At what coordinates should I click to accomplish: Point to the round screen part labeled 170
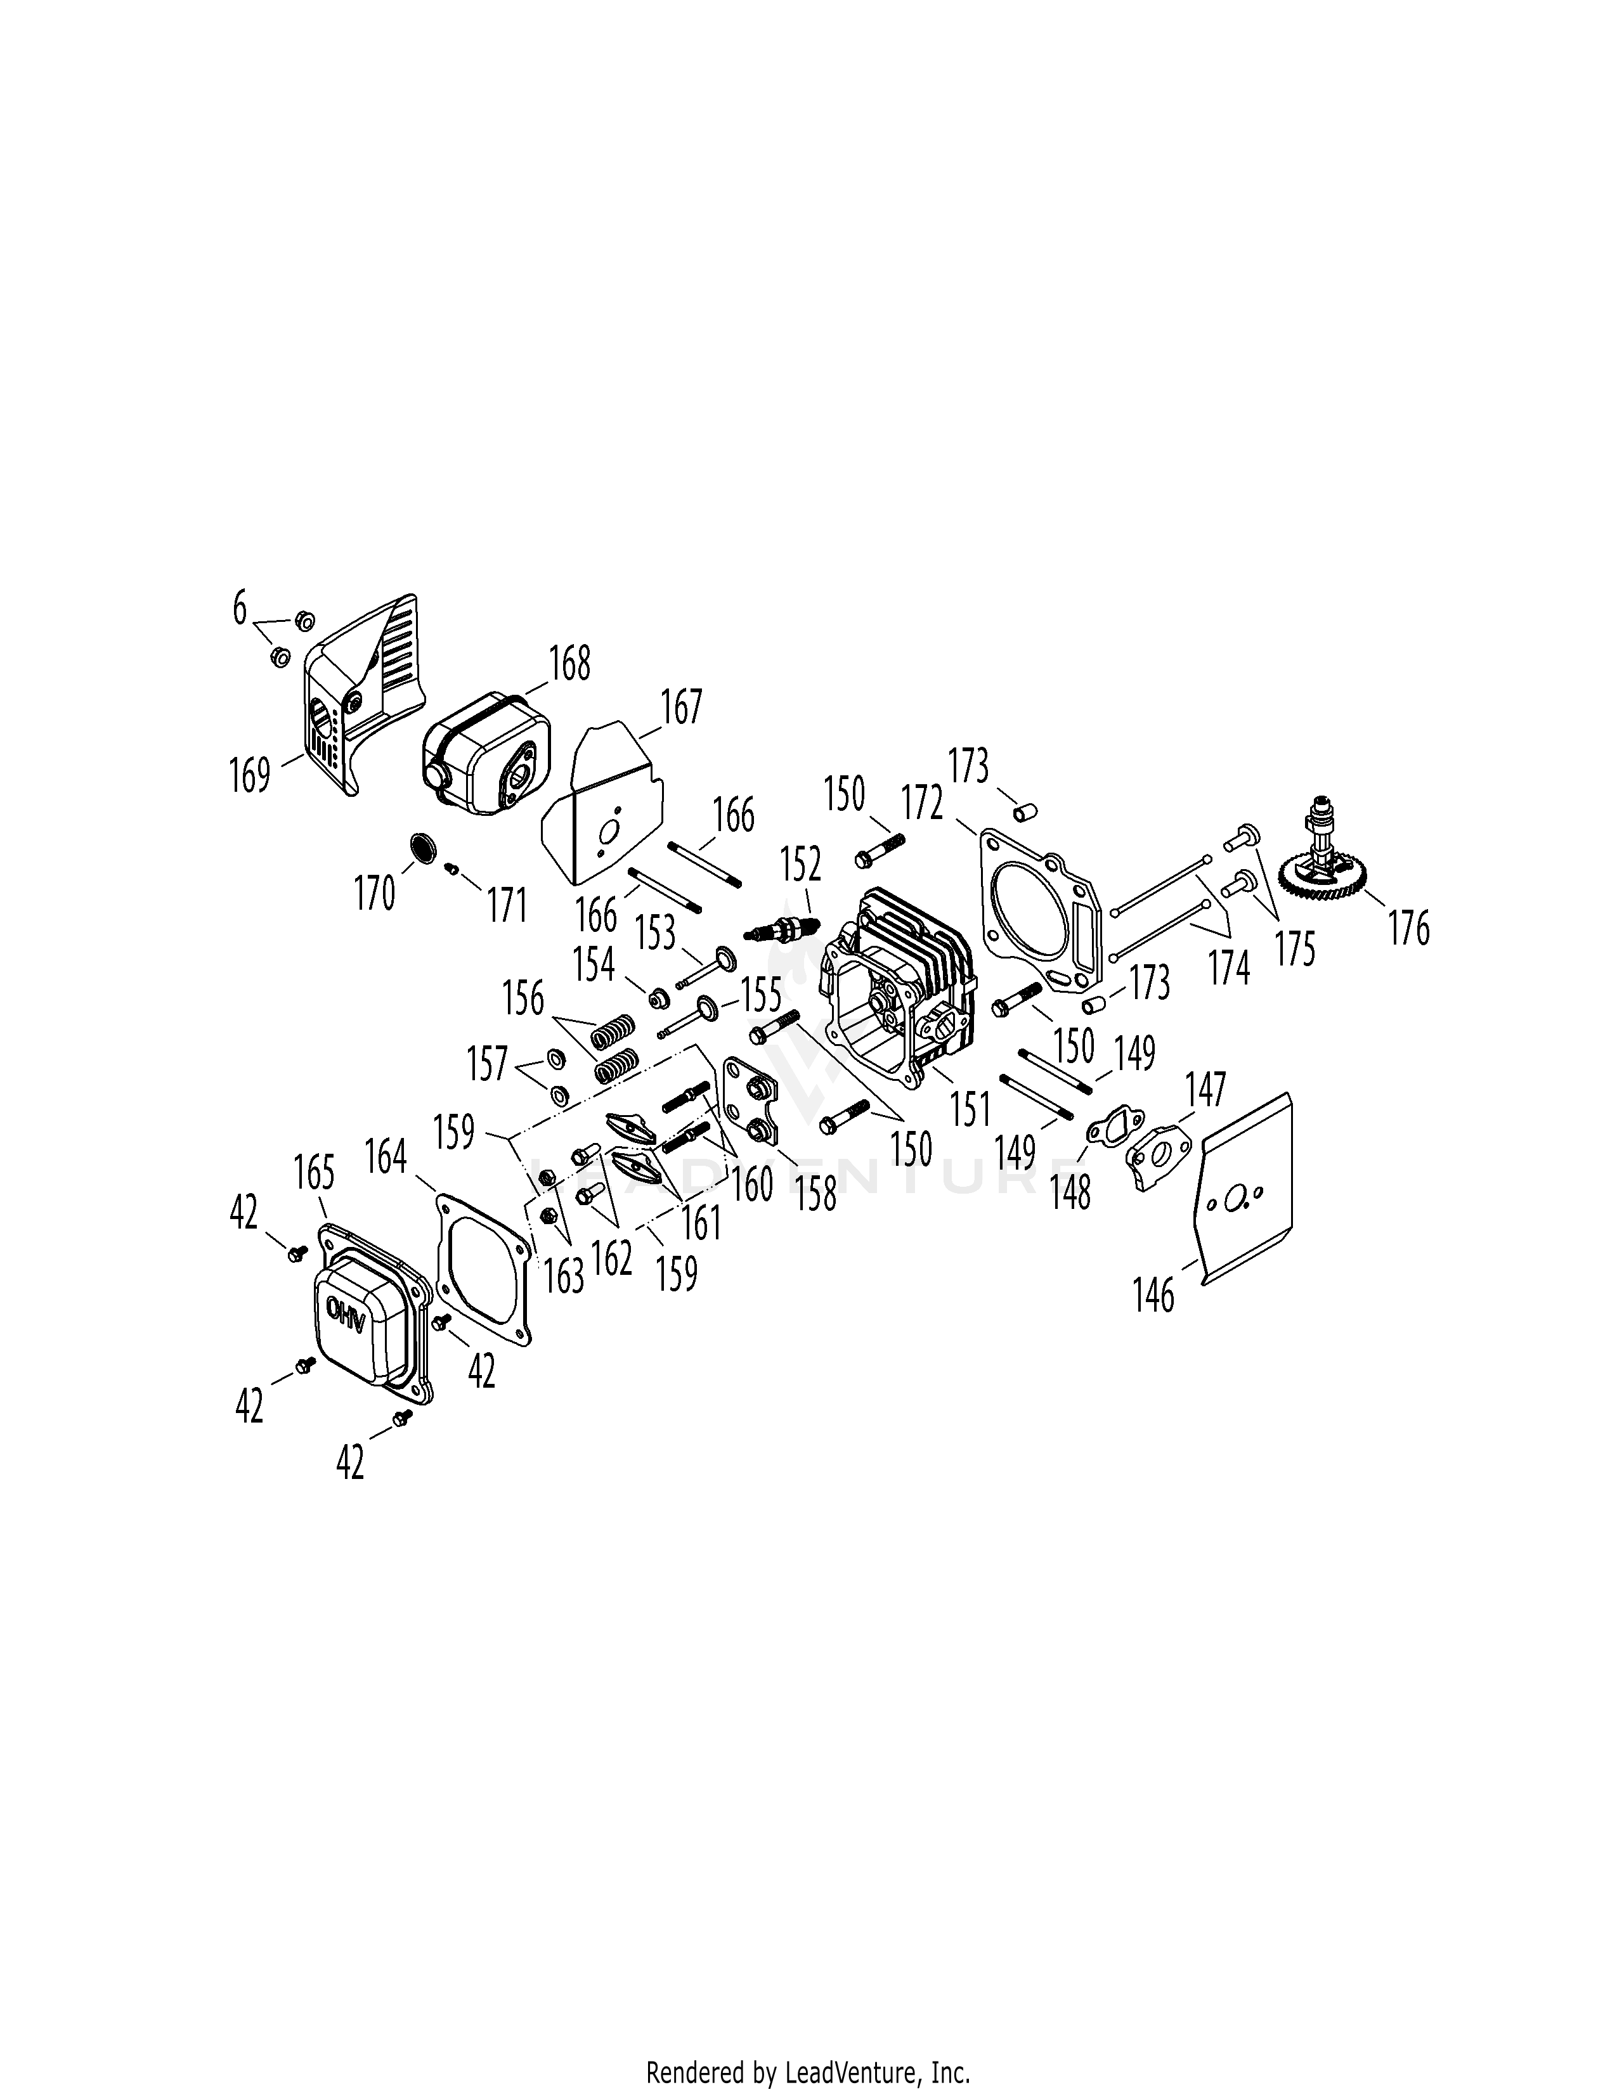[x=422, y=848]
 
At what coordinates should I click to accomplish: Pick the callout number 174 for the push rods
[x=1230, y=967]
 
